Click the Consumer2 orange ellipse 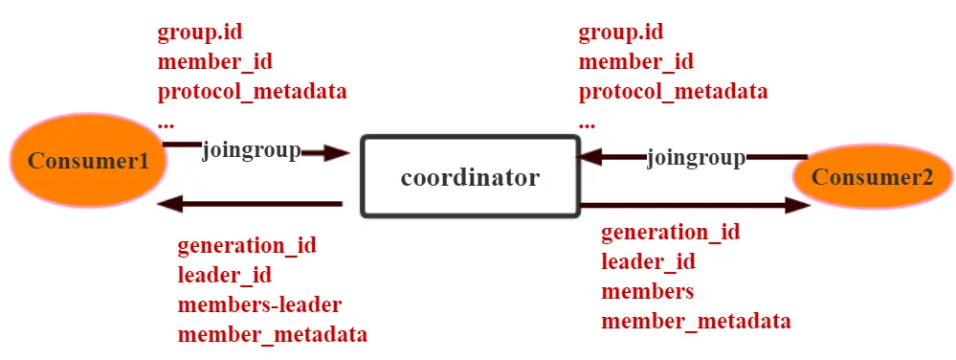tap(871, 176)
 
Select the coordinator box tap(469, 176)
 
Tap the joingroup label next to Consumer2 tap(696, 157)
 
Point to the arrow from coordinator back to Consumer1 tap(254, 203)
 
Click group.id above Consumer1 tap(199, 33)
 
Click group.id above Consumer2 tap(620, 33)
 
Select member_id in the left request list tap(214, 62)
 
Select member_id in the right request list tap(635, 62)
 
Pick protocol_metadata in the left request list tap(252, 92)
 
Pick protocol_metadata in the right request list tap(673, 92)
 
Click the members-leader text tap(259, 304)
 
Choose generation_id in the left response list tap(246, 245)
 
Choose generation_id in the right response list tap(670, 232)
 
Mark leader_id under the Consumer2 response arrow tap(648, 261)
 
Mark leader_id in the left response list tap(224, 275)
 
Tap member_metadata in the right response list tap(696, 321)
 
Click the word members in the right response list tap(647, 291)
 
